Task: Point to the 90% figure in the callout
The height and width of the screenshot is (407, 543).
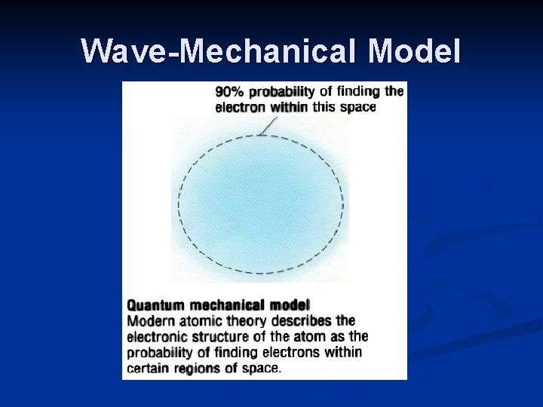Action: [229, 92]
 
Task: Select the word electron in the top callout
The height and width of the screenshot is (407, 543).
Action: [240, 107]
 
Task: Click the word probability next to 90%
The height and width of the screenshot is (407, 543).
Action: [281, 92]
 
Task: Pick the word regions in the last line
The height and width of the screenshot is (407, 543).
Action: [198, 368]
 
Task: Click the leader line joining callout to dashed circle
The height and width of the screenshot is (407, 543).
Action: [265, 125]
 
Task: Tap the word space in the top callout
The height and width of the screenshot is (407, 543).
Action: [358, 107]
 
